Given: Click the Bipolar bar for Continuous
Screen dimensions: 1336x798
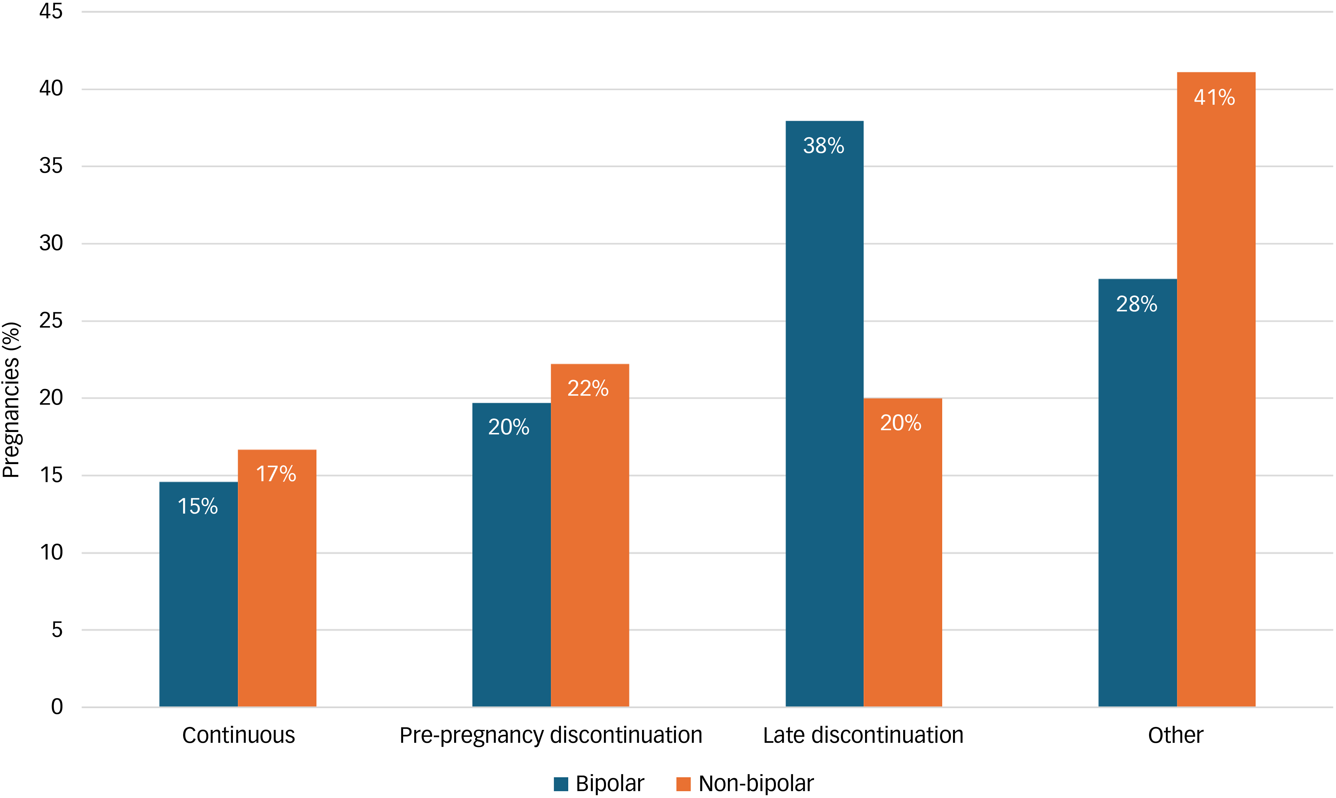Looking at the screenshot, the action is pos(198,594).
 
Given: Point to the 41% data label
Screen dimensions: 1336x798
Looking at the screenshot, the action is pos(1214,97).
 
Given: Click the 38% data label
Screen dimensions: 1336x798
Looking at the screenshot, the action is pos(823,146).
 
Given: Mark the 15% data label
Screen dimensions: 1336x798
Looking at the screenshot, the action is pos(198,506).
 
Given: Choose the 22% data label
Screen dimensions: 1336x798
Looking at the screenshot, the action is pos(588,388).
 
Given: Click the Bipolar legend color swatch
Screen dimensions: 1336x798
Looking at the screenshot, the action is pos(561,784).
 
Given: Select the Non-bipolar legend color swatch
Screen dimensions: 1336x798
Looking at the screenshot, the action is pos(683,784).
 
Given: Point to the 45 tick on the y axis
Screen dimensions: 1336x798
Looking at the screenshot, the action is pos(51,11).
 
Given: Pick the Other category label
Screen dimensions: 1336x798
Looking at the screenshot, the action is pos(1176,735).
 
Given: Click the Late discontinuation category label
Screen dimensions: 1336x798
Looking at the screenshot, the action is pos(863,735).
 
